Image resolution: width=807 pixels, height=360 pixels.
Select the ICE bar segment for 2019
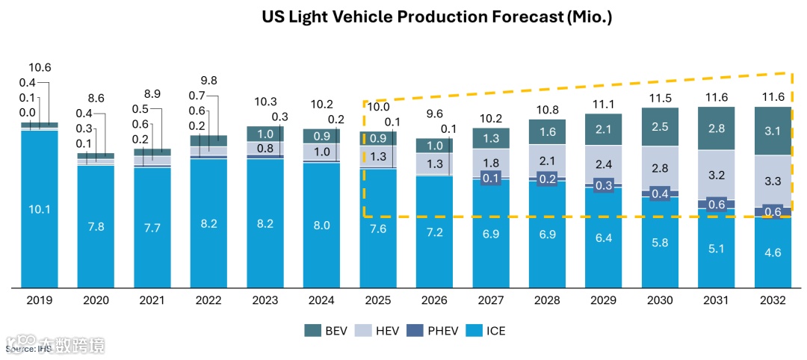click(x=40, y=209)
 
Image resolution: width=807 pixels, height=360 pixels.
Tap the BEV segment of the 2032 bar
click(x=773, y=131)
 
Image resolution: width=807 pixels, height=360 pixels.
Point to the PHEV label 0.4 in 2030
click(x=659, y=193)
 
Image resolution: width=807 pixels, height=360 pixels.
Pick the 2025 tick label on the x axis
click(x=378, y=300)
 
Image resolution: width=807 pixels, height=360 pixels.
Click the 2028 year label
click(x=547, y=300)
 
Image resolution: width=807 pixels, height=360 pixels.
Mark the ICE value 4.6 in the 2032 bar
click(x=773, y=254)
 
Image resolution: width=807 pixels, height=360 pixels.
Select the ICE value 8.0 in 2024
click(x=322, y=224)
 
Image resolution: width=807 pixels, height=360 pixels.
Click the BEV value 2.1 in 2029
click(x=603, y=129)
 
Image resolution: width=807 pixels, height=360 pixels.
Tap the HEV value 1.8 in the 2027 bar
click(x=490, y=163)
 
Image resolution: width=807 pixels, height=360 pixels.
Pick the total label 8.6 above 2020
click(x=96, y=97)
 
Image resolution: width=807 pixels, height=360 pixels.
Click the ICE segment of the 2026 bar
click(x=434, y=232)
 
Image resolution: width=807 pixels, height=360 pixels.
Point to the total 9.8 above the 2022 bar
click(x=209, y=81)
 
